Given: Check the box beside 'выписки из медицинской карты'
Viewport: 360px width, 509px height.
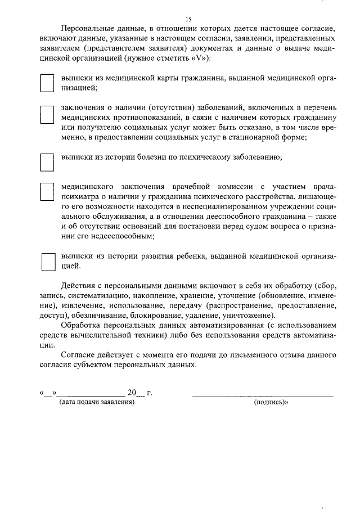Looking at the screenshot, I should click(47, 83).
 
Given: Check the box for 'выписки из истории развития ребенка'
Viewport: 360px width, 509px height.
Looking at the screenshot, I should click(49, 262).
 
